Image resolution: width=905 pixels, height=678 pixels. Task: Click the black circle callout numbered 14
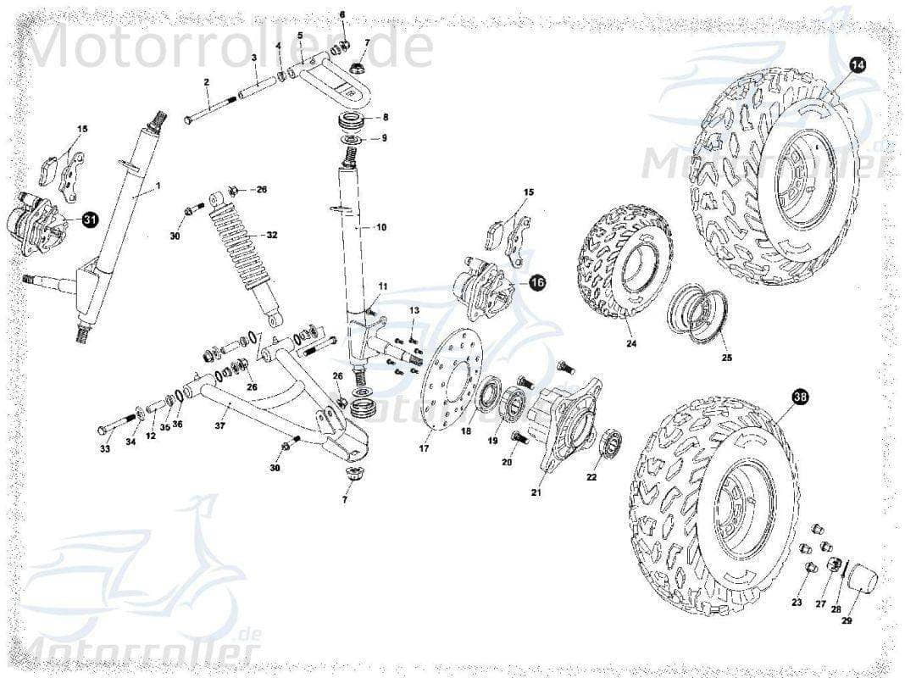click(x=858, y=65)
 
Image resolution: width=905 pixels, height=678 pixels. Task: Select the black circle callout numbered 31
click(x=90, y=220)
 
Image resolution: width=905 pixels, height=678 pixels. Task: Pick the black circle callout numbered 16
click(x=537, y=283)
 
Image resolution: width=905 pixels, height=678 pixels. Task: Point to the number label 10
click(x=381, y=227)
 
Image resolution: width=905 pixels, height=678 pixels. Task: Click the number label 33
click(x=105, y=449)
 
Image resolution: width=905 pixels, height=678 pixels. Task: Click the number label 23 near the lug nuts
click(x=797, y=603)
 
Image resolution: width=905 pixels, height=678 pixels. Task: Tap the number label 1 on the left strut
click(x=157, y=185)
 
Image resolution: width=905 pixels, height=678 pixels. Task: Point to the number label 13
click(x=414, y=311)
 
